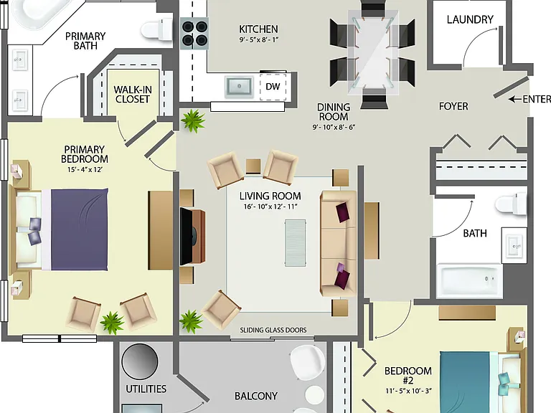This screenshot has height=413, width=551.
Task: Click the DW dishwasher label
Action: click(x=273, y=86)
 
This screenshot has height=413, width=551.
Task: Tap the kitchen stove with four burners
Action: click(x=194, y=34)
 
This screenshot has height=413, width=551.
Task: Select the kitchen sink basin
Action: click(x=239, y=86)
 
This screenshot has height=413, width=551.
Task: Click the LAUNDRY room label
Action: click(x=470, y=19)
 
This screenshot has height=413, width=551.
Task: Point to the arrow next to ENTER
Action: click(x=515, y=100)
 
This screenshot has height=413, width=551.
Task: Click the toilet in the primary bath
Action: click(x=156, y=29)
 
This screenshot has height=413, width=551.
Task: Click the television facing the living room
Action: click(x=187, y=237)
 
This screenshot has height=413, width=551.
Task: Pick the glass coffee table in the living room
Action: click(x=295, y=242)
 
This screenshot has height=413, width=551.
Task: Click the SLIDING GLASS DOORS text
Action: click(x=273, y=330)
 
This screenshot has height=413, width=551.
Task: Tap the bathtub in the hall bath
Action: click(x=469, y=280)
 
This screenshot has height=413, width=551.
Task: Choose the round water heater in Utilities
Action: click(x=140, y=361)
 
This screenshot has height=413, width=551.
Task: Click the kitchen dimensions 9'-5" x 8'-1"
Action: click(x=258, y=39)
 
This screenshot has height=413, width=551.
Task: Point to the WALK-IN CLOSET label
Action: click(x=133, y=95)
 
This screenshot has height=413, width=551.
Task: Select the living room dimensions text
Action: click(x=270, y=206)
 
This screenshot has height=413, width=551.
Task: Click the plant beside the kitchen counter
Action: click(x=192, y=120)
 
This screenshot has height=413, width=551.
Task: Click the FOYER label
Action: click(x=453, y=106)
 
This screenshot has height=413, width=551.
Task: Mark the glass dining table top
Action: click(x=373, y=52)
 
